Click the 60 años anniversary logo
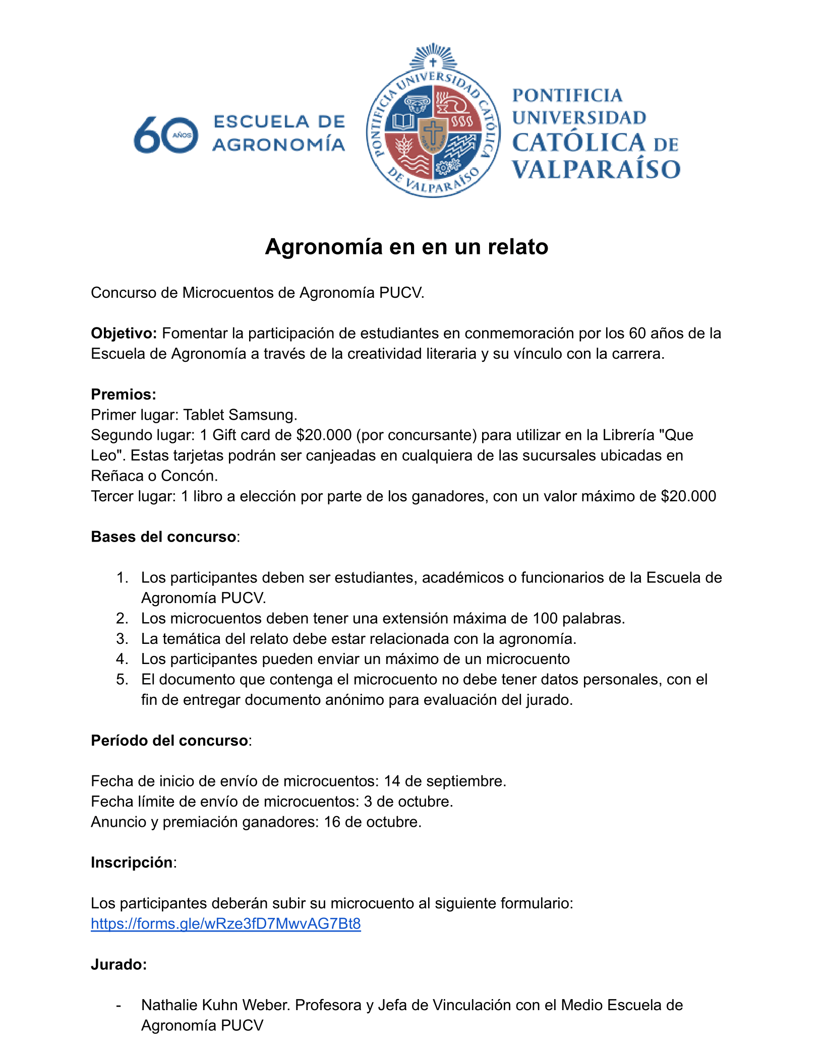[x=166, y=135]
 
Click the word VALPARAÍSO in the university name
[x=596, y=169]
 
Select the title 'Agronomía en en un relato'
[x=406, y=247]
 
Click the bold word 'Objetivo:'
[x=124, y=334]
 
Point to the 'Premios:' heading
[x=124, y=394]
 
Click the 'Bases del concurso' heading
[x=163, y=537]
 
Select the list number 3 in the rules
[x=122, y=639]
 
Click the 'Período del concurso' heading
[x=169, y=741]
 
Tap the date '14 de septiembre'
[x=444, y=781]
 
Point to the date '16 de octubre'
[x=372, y=822]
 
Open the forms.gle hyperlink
[x=226, y=924]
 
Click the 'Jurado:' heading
[x=119, y=965]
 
